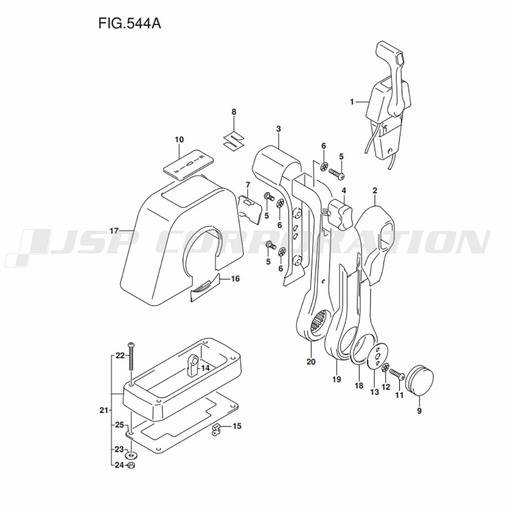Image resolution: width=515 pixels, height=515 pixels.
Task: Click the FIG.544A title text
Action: click(x=129, y=24)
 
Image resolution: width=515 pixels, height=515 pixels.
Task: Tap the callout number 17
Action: click(x=114, y=231)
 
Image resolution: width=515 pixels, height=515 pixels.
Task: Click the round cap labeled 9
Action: click(x=419, y=382)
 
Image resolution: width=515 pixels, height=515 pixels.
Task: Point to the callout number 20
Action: click(x=311, y=362)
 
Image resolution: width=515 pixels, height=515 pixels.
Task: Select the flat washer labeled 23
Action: click(x=131, y=456)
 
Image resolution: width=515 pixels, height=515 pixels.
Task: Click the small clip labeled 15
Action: click(x=216, y=430)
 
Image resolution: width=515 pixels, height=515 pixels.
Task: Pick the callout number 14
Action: click(x=205, y=368)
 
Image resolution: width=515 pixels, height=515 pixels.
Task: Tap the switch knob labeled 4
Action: click(x=339, y=214)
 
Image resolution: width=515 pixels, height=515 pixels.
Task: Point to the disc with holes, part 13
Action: click(x=377, y=356)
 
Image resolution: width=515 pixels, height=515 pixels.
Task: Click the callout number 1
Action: click(x=352, y=102)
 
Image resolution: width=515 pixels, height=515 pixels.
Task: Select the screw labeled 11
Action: click(x=397, y=375)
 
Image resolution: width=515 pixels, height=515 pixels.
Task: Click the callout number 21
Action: click(x=104, y=410)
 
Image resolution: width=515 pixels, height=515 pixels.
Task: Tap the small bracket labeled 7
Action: click(x=250, y=208)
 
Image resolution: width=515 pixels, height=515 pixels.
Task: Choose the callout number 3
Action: click(x=279, y=129)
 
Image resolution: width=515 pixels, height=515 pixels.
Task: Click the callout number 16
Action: click(x=235, y=279)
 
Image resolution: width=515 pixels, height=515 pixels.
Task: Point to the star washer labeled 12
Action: click(x=386, y=368)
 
